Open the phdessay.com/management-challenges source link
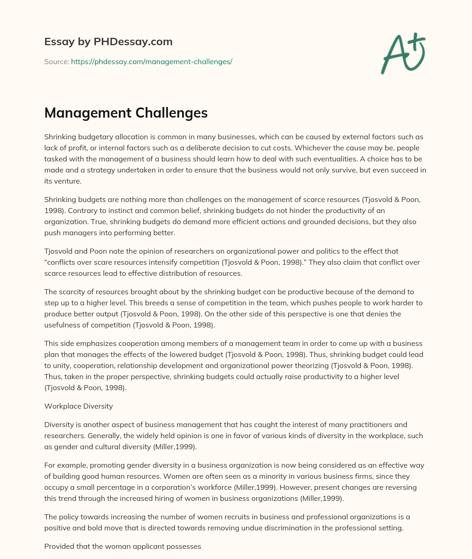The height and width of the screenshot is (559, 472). (151, 61)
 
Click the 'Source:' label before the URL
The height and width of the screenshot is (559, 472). (57, 61)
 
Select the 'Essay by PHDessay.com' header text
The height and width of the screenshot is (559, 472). (108, 42)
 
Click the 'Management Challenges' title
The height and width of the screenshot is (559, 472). (126, 113)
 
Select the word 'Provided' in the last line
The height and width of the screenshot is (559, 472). (59, 546)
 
